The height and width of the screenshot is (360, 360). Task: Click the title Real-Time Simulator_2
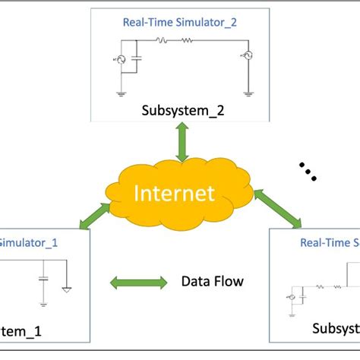click(180, 22)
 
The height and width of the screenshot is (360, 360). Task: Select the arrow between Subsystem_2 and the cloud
click(182, 141)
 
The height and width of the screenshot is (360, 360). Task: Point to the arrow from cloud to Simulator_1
click(94, 214)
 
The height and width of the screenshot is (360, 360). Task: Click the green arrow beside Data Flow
click(139, 283)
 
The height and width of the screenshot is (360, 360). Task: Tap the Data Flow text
click(213, 282)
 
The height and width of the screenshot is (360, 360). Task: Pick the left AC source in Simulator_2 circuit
click(119, 60)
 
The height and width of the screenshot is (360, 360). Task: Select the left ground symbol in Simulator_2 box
click(119, 94)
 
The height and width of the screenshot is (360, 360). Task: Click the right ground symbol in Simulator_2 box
click(248, 94)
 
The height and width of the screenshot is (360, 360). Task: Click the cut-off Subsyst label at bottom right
click(335, 349)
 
